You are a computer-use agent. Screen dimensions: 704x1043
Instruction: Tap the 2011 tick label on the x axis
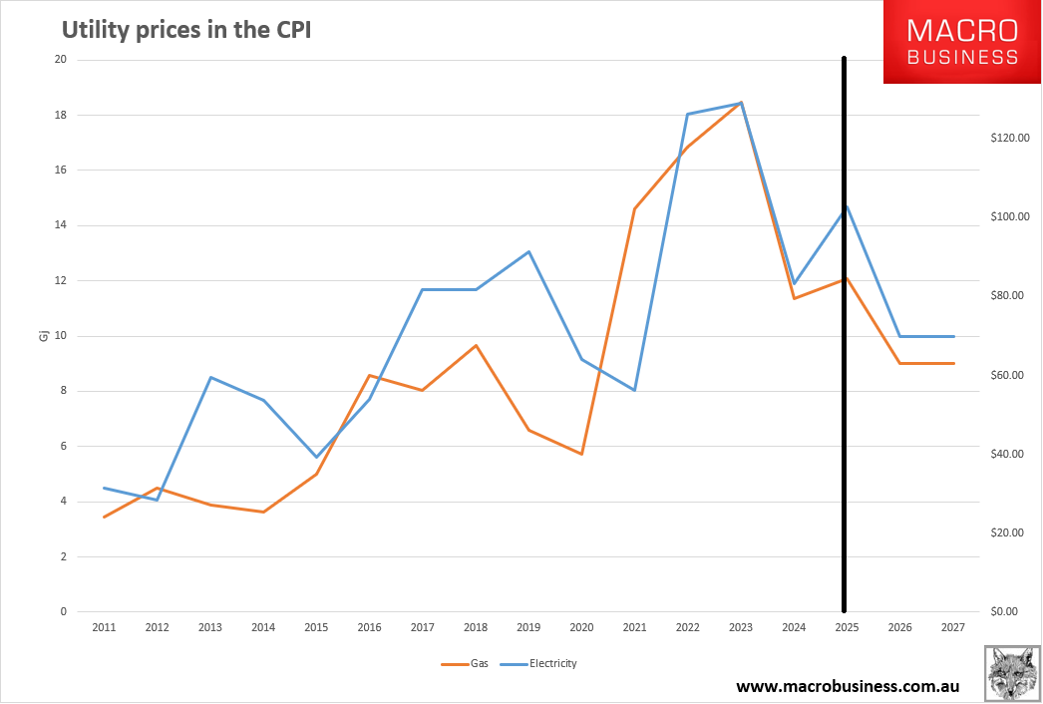click(104, 628)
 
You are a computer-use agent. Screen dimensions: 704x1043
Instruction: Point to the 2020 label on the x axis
click(581, 628)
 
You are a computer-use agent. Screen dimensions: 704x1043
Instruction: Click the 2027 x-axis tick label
click(953, 628)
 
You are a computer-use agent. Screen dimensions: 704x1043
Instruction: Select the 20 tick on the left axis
click(60, 60)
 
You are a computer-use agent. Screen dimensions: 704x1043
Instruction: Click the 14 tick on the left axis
click(60, 225)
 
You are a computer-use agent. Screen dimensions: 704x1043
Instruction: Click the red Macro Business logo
click(962, 42)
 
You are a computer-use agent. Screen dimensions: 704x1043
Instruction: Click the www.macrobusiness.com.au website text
click(848, 686)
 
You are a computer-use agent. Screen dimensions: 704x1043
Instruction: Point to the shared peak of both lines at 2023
click(741, 103)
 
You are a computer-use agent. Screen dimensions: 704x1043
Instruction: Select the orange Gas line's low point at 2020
click(581, 454)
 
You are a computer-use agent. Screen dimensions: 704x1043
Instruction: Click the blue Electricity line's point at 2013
click(210, 377)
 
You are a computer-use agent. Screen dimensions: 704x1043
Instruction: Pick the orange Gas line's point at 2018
click(476, 345)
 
